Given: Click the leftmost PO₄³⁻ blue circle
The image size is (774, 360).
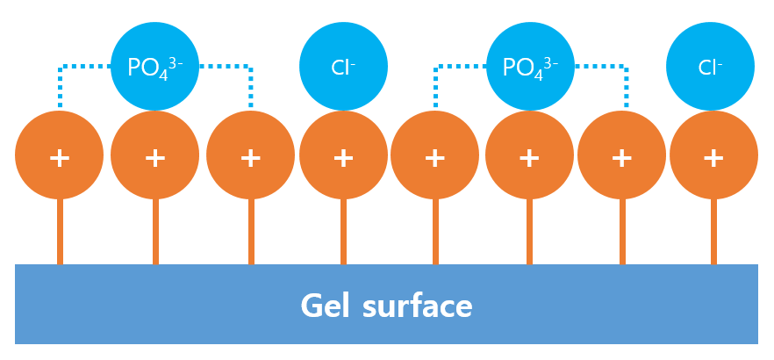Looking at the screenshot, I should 155,67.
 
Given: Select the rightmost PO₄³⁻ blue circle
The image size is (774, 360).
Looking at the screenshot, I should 530,67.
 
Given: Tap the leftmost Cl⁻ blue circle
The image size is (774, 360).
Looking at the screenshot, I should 343,67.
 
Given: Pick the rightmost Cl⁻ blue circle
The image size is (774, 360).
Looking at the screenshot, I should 710,67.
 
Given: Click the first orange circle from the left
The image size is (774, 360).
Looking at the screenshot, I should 60,156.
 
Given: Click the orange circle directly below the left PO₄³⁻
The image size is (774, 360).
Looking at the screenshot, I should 155,156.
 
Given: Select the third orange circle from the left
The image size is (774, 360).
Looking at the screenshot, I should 251,156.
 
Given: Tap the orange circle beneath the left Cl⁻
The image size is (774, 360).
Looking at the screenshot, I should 343,156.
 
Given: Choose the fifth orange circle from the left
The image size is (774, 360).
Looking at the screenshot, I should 435,156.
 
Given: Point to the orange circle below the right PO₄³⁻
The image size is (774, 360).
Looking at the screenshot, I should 529,156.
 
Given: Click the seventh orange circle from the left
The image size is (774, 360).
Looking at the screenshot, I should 622,156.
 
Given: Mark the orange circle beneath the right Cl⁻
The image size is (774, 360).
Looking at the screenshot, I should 713,156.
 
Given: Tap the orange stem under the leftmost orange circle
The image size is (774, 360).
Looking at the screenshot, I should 60,232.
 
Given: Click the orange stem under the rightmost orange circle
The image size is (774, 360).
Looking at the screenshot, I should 713,232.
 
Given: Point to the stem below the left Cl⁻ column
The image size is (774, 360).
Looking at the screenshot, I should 343,232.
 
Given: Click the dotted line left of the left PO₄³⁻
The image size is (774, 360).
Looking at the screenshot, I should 84,67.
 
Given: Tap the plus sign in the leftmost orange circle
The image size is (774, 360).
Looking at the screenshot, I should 60,158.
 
